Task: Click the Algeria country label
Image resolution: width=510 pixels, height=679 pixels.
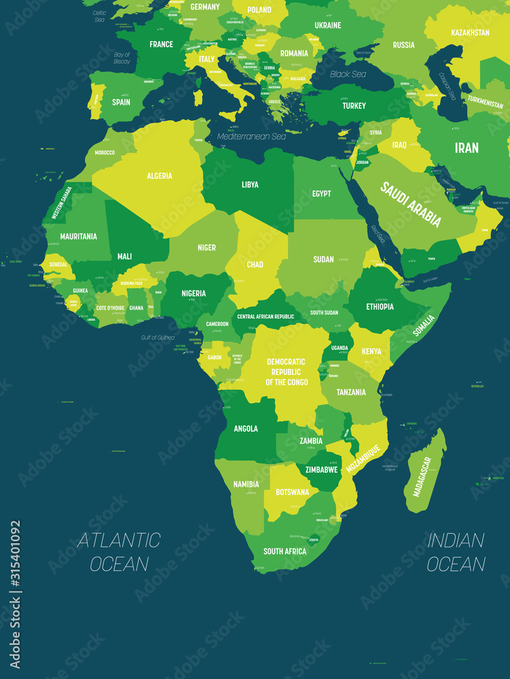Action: [159, 176]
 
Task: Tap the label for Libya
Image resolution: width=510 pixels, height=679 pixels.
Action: [250, 185]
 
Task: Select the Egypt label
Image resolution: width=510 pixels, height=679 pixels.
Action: [322, 194]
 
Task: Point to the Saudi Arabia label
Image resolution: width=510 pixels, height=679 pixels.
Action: [411, 204]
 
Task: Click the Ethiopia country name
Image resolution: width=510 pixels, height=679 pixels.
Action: [379, 306]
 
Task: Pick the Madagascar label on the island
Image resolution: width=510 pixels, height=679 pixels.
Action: [422, 476]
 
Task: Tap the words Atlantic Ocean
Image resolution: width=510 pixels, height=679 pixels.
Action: [118, 551]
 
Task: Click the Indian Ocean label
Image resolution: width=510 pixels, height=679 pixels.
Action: [456, 551]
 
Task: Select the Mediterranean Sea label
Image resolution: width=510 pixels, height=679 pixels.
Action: [252, 136]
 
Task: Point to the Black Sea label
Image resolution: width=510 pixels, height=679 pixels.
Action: [348, 74]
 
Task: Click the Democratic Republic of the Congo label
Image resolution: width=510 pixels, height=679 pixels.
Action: [286, 372]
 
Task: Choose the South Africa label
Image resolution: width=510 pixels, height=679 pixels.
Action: [285, 551]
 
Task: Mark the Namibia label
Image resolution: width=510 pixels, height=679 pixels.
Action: [245, 484]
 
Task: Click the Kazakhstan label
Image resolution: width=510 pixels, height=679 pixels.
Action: [470, 32]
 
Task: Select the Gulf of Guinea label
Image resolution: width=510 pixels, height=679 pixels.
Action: [158, 337]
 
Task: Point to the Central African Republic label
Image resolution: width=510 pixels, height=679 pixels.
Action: [265, 317]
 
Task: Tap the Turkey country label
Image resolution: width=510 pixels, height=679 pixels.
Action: [354, 106]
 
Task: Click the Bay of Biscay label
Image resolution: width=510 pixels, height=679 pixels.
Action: [122, 58]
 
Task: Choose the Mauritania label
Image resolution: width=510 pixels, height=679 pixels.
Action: [78, 236]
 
